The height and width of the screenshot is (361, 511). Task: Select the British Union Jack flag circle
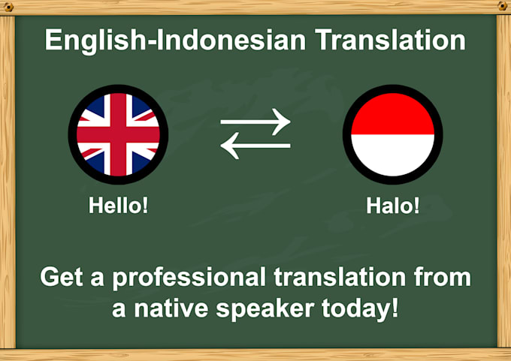point(118,135)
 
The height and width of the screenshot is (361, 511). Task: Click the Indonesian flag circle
point(392,135)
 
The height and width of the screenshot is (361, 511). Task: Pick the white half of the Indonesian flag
point(392,155)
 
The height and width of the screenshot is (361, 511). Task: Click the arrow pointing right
point(255,122)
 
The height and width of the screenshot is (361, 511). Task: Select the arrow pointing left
point(255,147)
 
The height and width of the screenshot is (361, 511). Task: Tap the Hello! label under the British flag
point(118,206)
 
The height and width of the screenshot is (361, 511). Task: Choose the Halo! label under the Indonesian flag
point(392,206)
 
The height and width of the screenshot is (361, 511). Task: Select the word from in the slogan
point(442,278)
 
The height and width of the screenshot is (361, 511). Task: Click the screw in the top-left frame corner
point(8,6)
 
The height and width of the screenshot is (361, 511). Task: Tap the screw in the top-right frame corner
point(502,6)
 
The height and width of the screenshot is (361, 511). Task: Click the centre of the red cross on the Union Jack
point(118,135)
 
